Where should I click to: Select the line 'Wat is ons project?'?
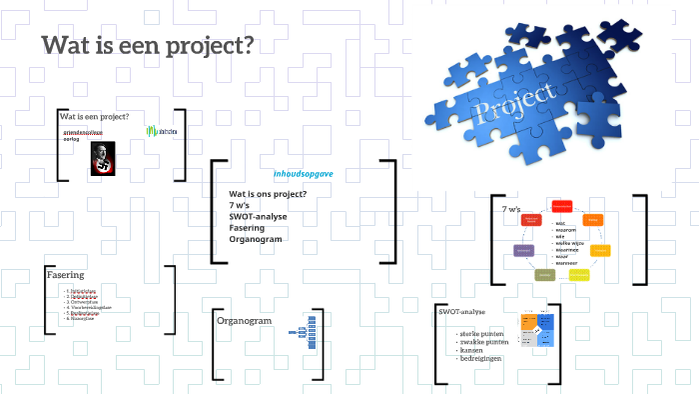tap(268, 193)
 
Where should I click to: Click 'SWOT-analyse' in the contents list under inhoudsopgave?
tap(259, 216)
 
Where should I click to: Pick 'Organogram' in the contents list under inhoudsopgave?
tap(256, 239)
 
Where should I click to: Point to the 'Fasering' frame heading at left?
tap(65, 274)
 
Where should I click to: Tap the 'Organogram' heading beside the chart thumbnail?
tap(246, 322)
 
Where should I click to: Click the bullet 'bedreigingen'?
tap(480, 358)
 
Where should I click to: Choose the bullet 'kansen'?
tap(470, 350)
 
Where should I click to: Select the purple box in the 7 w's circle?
tap(521, 250)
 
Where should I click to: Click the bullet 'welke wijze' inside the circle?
tap(570, 242)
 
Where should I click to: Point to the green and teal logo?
tap(163, 131)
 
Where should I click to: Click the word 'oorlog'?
tap(72, 139)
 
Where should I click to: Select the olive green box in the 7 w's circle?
tap(544, 274)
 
